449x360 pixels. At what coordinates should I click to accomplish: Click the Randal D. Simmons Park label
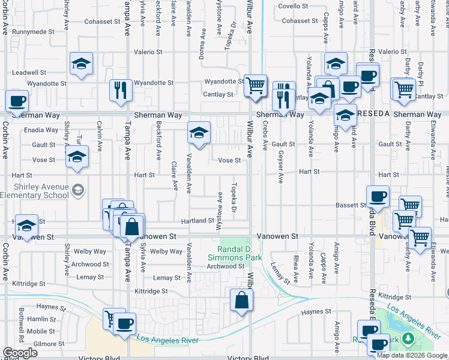click(234, 253)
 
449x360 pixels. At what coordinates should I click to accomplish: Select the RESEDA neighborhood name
click(373, 114)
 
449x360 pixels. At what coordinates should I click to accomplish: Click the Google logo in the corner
click(20, 353)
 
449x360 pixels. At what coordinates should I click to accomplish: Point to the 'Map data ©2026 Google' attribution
click(412, 355)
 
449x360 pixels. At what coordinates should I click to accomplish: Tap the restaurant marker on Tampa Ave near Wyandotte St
click(121, 89)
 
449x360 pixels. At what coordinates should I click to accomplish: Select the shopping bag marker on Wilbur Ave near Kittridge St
click(241, 299)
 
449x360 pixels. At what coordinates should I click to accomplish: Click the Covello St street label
click(293, 6)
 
